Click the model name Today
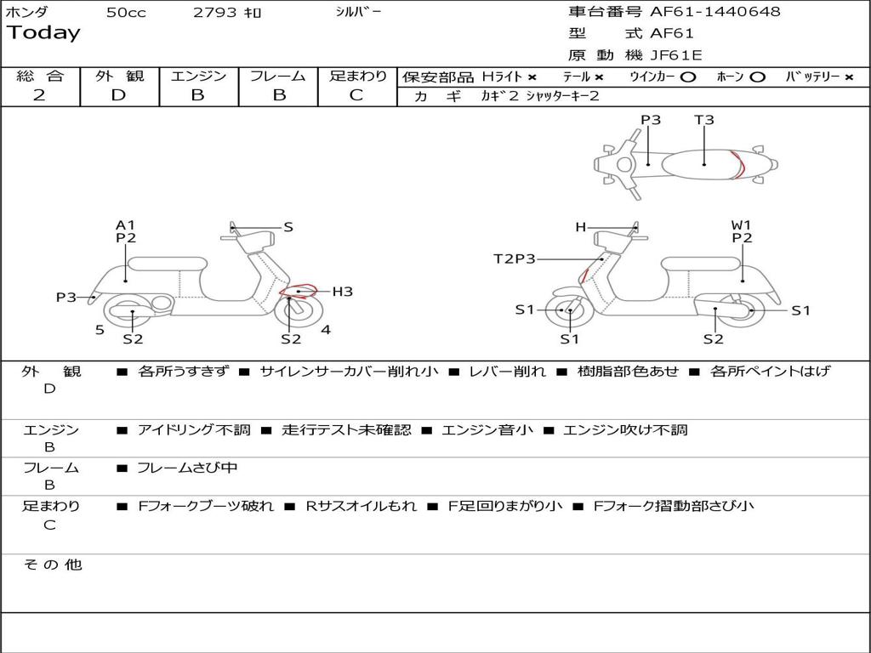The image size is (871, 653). pos(43,33)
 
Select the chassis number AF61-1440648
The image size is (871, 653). pos(714,12)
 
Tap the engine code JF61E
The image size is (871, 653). pos(676,55)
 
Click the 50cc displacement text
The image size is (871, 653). pos(126,13)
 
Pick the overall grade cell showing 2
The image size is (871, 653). pos(39,95)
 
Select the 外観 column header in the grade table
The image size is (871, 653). pos(119,77)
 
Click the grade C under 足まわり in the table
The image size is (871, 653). pos(356,95)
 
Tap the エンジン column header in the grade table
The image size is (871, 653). pos(198,77)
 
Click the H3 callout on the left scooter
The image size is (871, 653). pos(342,292)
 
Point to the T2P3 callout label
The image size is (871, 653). pos(515,258)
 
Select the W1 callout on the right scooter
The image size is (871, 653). pos(742,225)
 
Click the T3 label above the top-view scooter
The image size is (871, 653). pos(703,120)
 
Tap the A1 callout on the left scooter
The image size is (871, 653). pos(126,225)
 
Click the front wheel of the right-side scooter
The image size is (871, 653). pos(569,310)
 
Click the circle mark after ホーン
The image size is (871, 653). pos(757,77)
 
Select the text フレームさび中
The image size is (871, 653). pos(187,468)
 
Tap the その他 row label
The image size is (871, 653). pos(52,565)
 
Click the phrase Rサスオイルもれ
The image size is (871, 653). pos(361,506)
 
